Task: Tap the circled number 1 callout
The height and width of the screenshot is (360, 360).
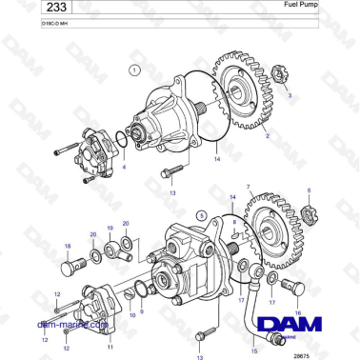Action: (134, 70)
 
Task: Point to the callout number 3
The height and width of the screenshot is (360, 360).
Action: (290, 96)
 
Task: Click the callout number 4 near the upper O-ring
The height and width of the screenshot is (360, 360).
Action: (121, 166)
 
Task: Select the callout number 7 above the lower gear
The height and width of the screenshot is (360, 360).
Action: (248, 188)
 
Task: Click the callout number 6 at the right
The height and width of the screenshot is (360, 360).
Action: (309, 191)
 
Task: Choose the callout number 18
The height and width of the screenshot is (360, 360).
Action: (67, 245)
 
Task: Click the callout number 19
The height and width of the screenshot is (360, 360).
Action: (110, 229)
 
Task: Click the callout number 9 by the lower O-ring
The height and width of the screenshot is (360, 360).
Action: (143, 310)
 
